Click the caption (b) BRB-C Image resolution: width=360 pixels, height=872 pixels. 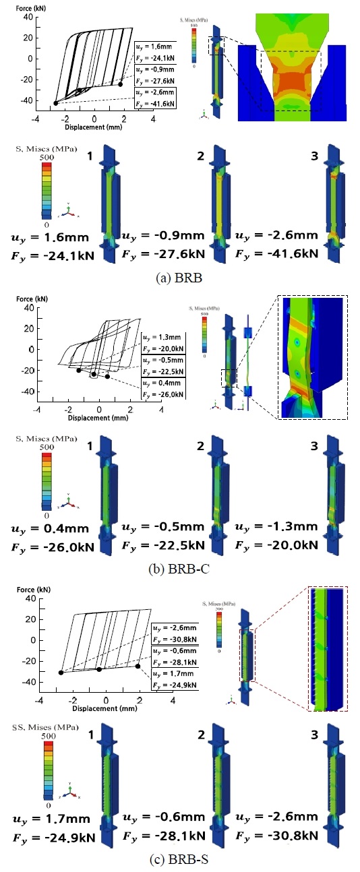pos(181,567)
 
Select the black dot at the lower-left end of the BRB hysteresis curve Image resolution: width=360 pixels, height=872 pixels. pos(56,102)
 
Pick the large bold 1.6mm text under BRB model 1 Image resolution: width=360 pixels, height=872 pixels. pos(56,237)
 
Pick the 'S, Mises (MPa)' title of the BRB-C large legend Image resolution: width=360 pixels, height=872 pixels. pos(40,438)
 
